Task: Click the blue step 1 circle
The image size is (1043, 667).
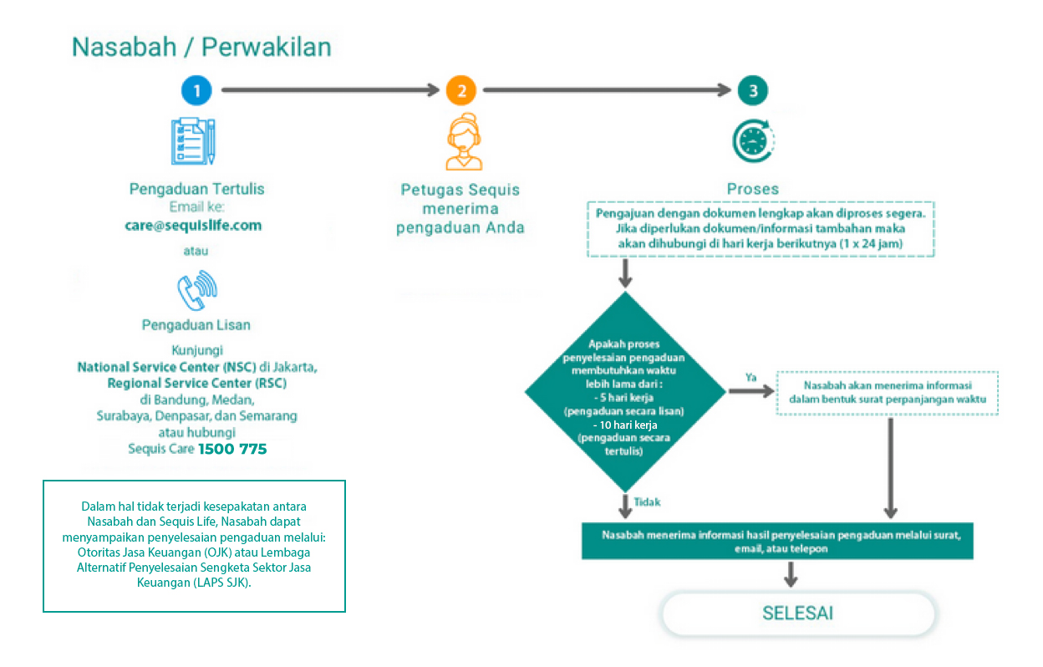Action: pos(197,90)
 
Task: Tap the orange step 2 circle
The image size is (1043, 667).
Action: pos(460,90)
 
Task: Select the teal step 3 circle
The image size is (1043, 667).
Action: pos(753,90)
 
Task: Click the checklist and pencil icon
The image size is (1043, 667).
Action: pos(193,140)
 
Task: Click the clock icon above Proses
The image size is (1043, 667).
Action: pos(753,141)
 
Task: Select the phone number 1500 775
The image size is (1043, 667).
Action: pos(232,450)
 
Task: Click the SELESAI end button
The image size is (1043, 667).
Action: pos(797,614)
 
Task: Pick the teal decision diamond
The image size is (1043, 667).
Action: pos(625,390)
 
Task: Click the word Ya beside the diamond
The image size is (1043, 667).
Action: pos(751,377)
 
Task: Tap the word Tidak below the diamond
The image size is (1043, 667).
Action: pos(647,502)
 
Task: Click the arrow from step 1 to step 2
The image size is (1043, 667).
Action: pos(329,90)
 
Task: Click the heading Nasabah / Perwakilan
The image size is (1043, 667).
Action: pos(201,47)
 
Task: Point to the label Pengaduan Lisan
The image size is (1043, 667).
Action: pos(196,324)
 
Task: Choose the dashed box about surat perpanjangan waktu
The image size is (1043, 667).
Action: pos(887,393)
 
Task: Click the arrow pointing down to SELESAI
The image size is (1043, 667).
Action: pos(790,574)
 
